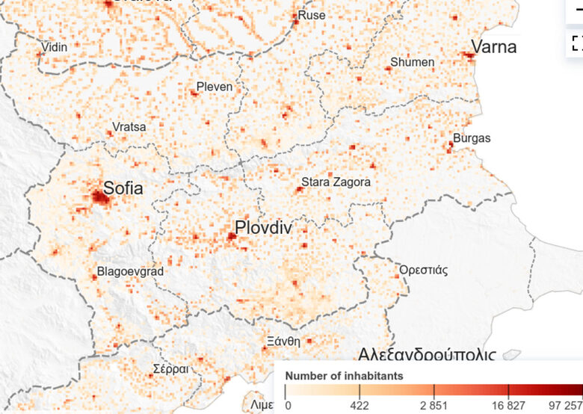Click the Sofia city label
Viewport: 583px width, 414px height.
click(x=123, y=188)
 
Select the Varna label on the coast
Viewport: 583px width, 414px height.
click(x=493, y=47)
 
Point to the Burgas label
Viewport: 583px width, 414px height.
click(x=472, y=138)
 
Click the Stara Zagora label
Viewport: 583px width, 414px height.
click(x=336, y=182)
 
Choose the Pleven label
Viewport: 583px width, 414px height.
click(x=215, y=87)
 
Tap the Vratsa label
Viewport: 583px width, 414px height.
click(x=129, y=127)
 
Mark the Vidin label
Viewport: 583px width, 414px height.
click(x=53, y=47)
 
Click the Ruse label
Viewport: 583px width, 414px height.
click(x=312, y=15)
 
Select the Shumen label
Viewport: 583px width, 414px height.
click(x=412, y=62)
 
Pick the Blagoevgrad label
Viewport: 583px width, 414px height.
click(x=130, y=272)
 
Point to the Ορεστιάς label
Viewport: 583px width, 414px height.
click(x=424, y=270)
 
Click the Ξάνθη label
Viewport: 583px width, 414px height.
click(x=283, y=341)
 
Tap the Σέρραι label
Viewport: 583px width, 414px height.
click(x=170, y=369)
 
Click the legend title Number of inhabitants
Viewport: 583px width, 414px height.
click(x=345, y=375)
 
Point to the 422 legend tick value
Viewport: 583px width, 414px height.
click(x=360, y=406)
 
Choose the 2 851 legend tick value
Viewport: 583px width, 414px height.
click(x=434, y=406)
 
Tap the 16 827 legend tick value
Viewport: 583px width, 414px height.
click(x=508, y=406)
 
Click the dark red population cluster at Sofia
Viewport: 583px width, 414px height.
click(x=99, y=197)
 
